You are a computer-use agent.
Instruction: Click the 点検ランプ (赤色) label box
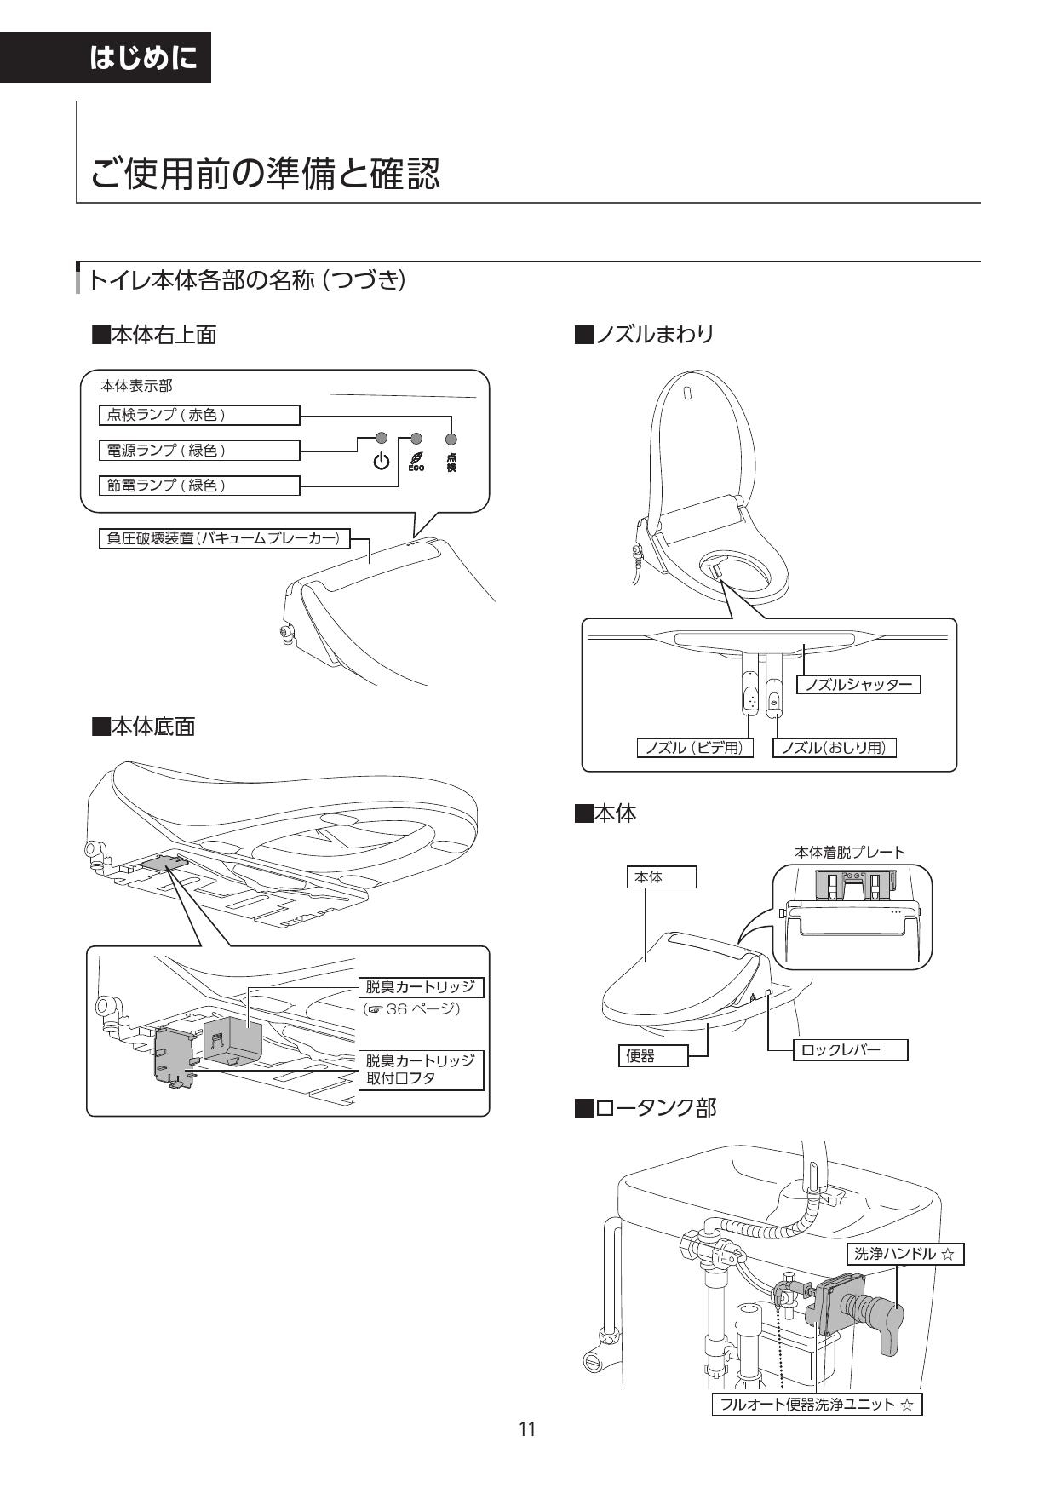(x=199, y=415)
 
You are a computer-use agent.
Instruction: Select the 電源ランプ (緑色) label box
(x=199, y=450)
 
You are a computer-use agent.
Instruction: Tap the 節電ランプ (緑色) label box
(x=199, y=485)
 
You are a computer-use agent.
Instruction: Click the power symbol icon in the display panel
(x=382, y=462)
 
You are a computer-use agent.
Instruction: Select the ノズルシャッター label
(x=858, y=684)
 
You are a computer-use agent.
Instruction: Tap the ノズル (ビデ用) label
(x=695, y=748)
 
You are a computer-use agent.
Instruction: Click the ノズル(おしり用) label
(x=834, y=748)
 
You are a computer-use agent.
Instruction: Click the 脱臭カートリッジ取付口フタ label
(x=420, y=1070)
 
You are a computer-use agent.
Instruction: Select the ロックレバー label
(x=850, y=1049)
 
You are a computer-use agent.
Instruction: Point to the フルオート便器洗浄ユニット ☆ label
(x=817, y=1405)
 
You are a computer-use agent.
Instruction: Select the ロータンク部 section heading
(x=646, y=1107)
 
